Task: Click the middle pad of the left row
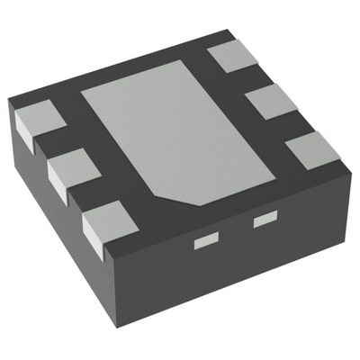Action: point(71,166)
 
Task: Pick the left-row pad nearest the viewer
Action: point(106,219)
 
